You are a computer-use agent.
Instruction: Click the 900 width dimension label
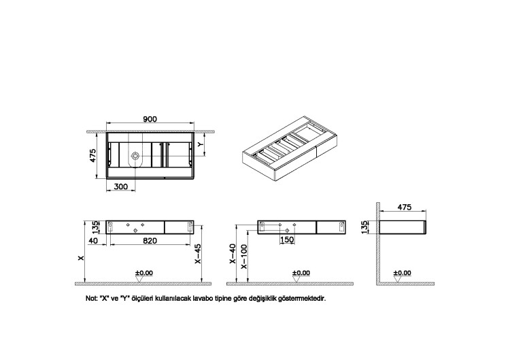(x=150, y=119)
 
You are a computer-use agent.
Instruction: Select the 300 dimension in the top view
(x=120, y=186)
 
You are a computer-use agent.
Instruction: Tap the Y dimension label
(x=201, y=144)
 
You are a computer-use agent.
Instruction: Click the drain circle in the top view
(x=135, y=156)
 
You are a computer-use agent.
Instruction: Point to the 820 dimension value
(x=150, y=240)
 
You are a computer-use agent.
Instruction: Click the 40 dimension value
(x=93, y=240)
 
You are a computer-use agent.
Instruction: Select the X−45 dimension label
(x=197, y=254)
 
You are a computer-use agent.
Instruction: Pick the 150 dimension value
(x=287, y=240)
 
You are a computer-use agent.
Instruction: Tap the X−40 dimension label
(x=233, y=254)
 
